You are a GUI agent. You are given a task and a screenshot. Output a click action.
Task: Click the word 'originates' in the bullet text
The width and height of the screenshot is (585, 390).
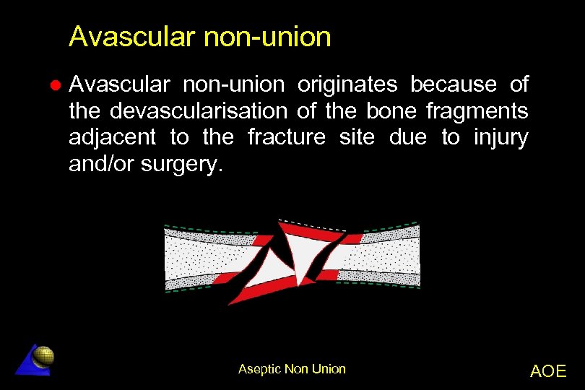tap(348, 85)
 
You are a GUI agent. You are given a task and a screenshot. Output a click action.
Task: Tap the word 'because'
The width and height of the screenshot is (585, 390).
tap(454, 85)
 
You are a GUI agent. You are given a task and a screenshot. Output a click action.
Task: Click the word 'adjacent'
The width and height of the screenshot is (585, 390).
tap(112, 137)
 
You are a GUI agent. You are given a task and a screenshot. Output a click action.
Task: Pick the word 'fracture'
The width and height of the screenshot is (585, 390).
tap(287, 137)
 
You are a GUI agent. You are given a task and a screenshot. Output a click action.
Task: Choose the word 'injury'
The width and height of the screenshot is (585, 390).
tap(501, 137)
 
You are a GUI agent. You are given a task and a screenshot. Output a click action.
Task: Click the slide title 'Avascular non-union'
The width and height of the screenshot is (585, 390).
tap(200, 37)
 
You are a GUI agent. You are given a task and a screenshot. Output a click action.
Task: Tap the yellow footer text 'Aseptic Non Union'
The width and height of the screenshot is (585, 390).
tap(292, 369)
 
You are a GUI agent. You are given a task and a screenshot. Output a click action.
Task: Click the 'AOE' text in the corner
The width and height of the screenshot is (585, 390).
tap(548, 371)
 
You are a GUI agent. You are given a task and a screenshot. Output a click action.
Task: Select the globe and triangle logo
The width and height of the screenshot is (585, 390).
tap(36, 359)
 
